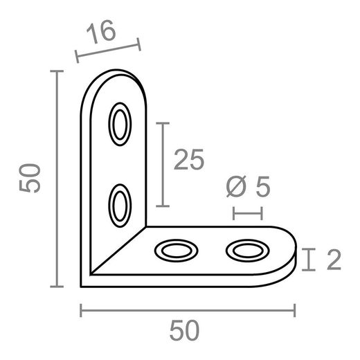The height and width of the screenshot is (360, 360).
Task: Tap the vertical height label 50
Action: [x=30, y=179]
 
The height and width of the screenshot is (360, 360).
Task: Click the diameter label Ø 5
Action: [x=247, y=186]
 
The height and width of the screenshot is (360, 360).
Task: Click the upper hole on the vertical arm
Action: [x=120, y=125]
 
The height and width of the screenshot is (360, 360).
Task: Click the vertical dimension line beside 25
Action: [x=162, y=164]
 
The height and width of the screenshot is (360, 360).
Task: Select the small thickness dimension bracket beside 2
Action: [x=309, y=260]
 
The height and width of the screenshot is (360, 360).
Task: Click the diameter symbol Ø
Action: [x=236, y=186]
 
